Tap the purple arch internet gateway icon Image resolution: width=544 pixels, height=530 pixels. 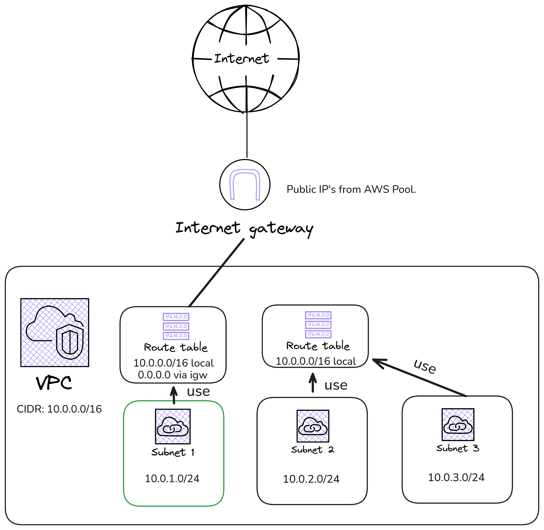tap(245, 185)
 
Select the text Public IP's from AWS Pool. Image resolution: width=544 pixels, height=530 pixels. tap(351, 190)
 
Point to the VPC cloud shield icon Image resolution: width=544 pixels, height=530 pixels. tap(55, 333)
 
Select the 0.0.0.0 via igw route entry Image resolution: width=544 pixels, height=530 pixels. tap(173, 375)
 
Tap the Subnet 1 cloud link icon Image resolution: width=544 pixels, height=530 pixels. tap(173, 426)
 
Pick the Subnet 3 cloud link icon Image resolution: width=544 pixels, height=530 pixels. tap(458, 424)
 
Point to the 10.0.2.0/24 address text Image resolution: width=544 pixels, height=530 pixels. tap(311, 479)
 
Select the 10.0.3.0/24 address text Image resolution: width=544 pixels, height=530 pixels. tap(456, 478)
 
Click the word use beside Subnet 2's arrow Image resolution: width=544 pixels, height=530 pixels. tap(336, 386)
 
